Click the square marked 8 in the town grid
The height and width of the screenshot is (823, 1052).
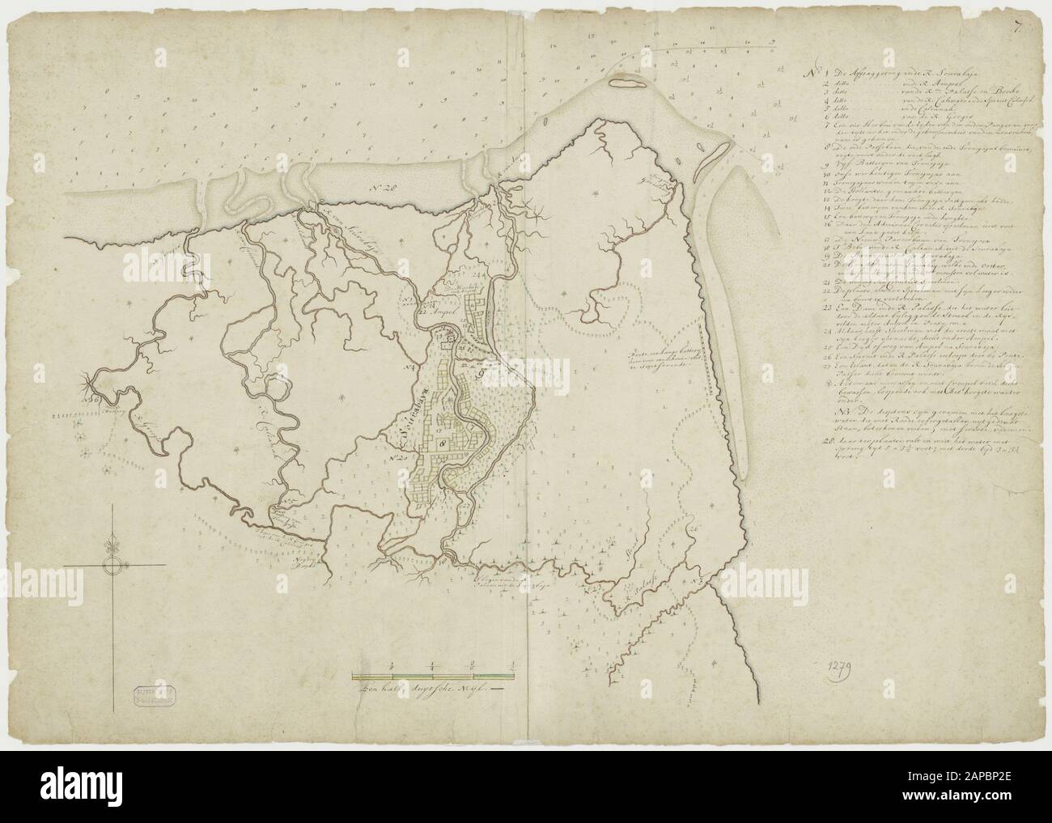442,443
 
